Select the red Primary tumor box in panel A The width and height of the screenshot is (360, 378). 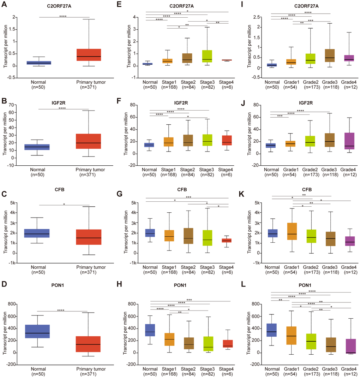[x=89, y=55]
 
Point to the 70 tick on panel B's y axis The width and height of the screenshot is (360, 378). [x=15, y=105]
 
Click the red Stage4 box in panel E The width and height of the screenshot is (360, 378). [x=227, y=60]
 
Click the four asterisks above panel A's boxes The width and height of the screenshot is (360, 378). [x=63, y=16]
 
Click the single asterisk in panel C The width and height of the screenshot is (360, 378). [x=64, y=204]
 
